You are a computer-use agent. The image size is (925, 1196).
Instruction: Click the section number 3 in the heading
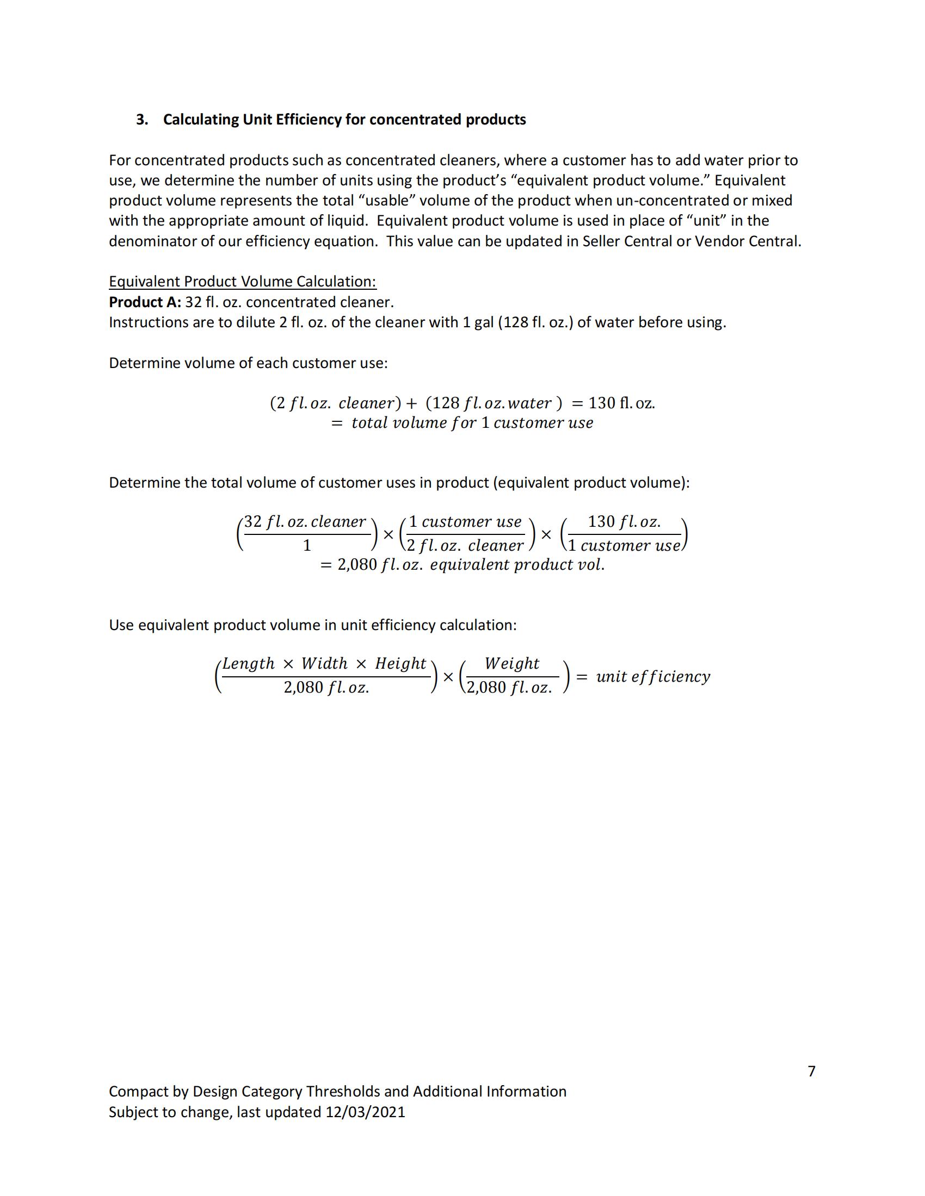click(141, 120)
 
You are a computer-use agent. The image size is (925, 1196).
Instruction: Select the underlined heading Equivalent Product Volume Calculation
click(242, 282)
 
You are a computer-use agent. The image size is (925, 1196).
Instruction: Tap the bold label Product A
click(145, 302)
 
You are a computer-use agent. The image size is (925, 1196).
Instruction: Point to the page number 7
click(812, 1070)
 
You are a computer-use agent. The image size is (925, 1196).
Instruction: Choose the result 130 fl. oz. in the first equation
click(621, 403)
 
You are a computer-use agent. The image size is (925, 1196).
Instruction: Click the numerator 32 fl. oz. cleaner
click(305, 521)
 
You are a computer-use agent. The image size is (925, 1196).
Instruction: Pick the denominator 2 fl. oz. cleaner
click(465, 545)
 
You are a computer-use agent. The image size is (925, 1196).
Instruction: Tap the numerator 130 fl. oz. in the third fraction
click(624, 521)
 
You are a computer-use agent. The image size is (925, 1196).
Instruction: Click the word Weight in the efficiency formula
click(512, 663)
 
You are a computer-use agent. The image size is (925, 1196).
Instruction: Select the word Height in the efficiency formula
click(400, 663)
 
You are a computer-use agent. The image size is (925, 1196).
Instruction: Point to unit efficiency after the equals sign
click(652, 676)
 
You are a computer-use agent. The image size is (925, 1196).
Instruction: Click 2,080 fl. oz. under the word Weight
click(509, 687)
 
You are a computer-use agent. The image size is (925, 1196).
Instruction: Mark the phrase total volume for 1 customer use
click(472, 423)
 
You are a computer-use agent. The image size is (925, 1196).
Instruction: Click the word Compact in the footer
click(139, 1092)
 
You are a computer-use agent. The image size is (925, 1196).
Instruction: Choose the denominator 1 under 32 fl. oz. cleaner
click(307, 545)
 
